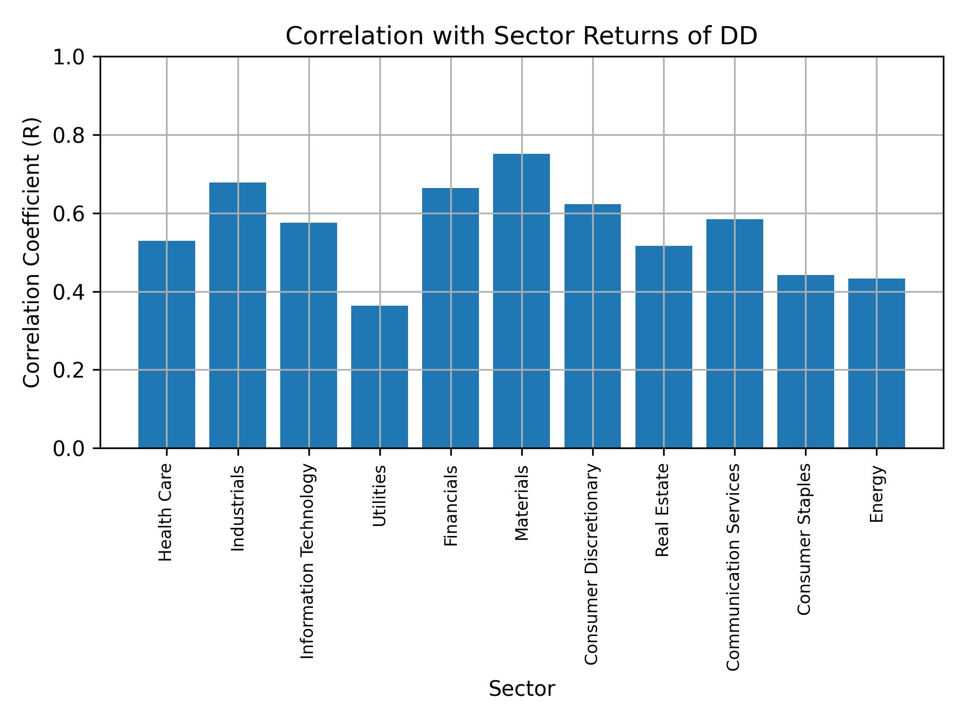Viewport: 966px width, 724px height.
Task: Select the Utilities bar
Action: tap(379, 377)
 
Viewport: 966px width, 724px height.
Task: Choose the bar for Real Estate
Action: tap(664, 347)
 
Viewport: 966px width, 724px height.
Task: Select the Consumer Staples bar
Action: tap(806, 361)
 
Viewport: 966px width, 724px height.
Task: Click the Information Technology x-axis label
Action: tap(308, 561)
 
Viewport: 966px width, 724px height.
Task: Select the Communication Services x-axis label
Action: tap(734, 567)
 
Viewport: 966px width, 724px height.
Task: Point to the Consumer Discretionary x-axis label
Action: tap(592, 564)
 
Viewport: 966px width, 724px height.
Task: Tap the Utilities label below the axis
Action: tap(380, 496)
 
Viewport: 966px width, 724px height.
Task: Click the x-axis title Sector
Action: tap(522, 689)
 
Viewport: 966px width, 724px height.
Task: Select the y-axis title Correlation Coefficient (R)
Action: tap(32, 252)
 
